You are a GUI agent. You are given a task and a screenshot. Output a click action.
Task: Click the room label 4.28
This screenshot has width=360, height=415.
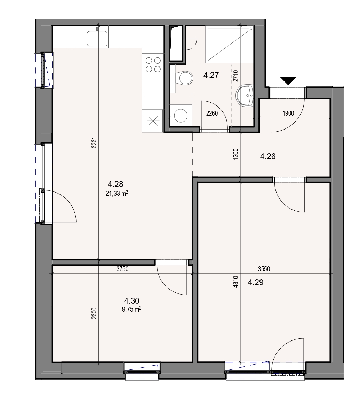point(115,184)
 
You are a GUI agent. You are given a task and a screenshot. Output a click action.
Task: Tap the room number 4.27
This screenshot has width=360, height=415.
point(211,75)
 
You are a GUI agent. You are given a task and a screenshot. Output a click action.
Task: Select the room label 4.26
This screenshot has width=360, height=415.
point(268,156)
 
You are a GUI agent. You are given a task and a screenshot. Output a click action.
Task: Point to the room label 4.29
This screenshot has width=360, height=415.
point(256,282)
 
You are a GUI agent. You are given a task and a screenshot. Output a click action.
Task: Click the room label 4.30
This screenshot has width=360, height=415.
point(132,301)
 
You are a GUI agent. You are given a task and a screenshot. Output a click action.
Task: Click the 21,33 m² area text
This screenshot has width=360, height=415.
point(117,194)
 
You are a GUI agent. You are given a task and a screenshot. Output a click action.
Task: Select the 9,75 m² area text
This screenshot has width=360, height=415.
point(131,309)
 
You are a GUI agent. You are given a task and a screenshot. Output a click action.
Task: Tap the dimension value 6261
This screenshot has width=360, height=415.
point(94,142)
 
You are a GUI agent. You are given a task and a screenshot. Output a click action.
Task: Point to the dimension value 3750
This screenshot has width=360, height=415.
point(122,269)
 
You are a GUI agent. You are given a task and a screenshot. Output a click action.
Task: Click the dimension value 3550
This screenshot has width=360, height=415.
point(264,269)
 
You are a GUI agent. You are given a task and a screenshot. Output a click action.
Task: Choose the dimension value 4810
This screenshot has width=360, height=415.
point(236,282)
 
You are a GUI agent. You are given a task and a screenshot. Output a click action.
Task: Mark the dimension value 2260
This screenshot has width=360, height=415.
point(212,113)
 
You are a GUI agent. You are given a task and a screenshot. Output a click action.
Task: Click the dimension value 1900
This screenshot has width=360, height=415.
point(288,113)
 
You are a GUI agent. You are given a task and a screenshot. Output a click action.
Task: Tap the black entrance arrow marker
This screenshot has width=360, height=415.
point(288,80)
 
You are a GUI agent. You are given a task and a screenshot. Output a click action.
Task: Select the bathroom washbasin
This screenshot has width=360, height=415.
point(245,95)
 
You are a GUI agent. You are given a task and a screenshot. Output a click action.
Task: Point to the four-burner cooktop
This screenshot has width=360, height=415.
point(153,65)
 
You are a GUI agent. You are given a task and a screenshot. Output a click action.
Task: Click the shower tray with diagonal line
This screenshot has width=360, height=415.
point(229,44)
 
